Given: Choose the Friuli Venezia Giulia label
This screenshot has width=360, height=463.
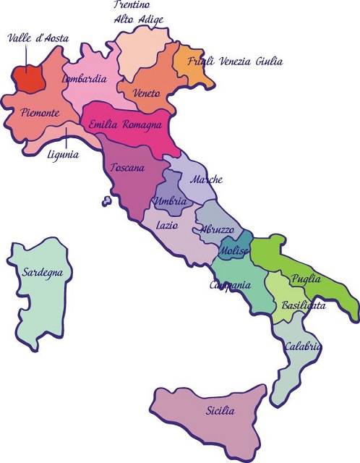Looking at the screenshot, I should pos(235,61).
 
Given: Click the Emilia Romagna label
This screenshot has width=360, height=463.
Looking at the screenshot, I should pos(125,125).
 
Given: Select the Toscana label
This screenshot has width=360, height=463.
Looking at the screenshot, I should pos(128,168).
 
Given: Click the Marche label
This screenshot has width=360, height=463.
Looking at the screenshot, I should pos(205,179).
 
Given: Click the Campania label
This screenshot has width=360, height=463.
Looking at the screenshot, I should pos(230,285).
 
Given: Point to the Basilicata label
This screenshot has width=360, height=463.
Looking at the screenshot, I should pos(304,305).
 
